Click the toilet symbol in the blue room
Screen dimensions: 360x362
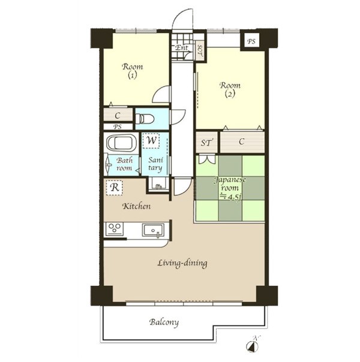pyautogui.click(x=145, y=119)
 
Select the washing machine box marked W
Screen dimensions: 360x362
pyautogui.click(x=151, y=141)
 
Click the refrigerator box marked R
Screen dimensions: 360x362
pyautogui.click(x=115, y=188)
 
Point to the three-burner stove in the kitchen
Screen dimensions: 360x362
pyautogui.click(x=115, y=229)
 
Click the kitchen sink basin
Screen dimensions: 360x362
pyautogui.click(x=153, y=230)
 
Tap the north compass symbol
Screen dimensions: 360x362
pyautogui.click(x=252, y=346)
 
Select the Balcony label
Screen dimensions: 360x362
pyautogui.click(x=164, y=322)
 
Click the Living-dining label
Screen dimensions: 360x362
pyautogui.click(x=182, y=264)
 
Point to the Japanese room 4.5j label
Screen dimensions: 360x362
pyautogui.click(x=230, y=188)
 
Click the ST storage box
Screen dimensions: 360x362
pyautogui.click(x=206, y=142)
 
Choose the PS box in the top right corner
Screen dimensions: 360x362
pyautogui.click(x=251, y=41)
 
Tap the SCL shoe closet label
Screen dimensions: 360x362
pyautogui.click(x=200, y=51)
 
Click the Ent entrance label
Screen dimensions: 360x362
pyautogui.click(x=182, y=48)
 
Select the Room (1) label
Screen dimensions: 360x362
pyautogui.click(x=133, y=71)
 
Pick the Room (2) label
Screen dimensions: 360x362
pyautogui.click(x=230, y=89)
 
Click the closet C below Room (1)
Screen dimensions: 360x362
pyautogui.click(x=118, y=115)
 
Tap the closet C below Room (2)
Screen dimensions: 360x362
pyautogui.click(x=242, y=142)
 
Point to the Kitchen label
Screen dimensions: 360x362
pyautogui.click(x=137, y=206)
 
